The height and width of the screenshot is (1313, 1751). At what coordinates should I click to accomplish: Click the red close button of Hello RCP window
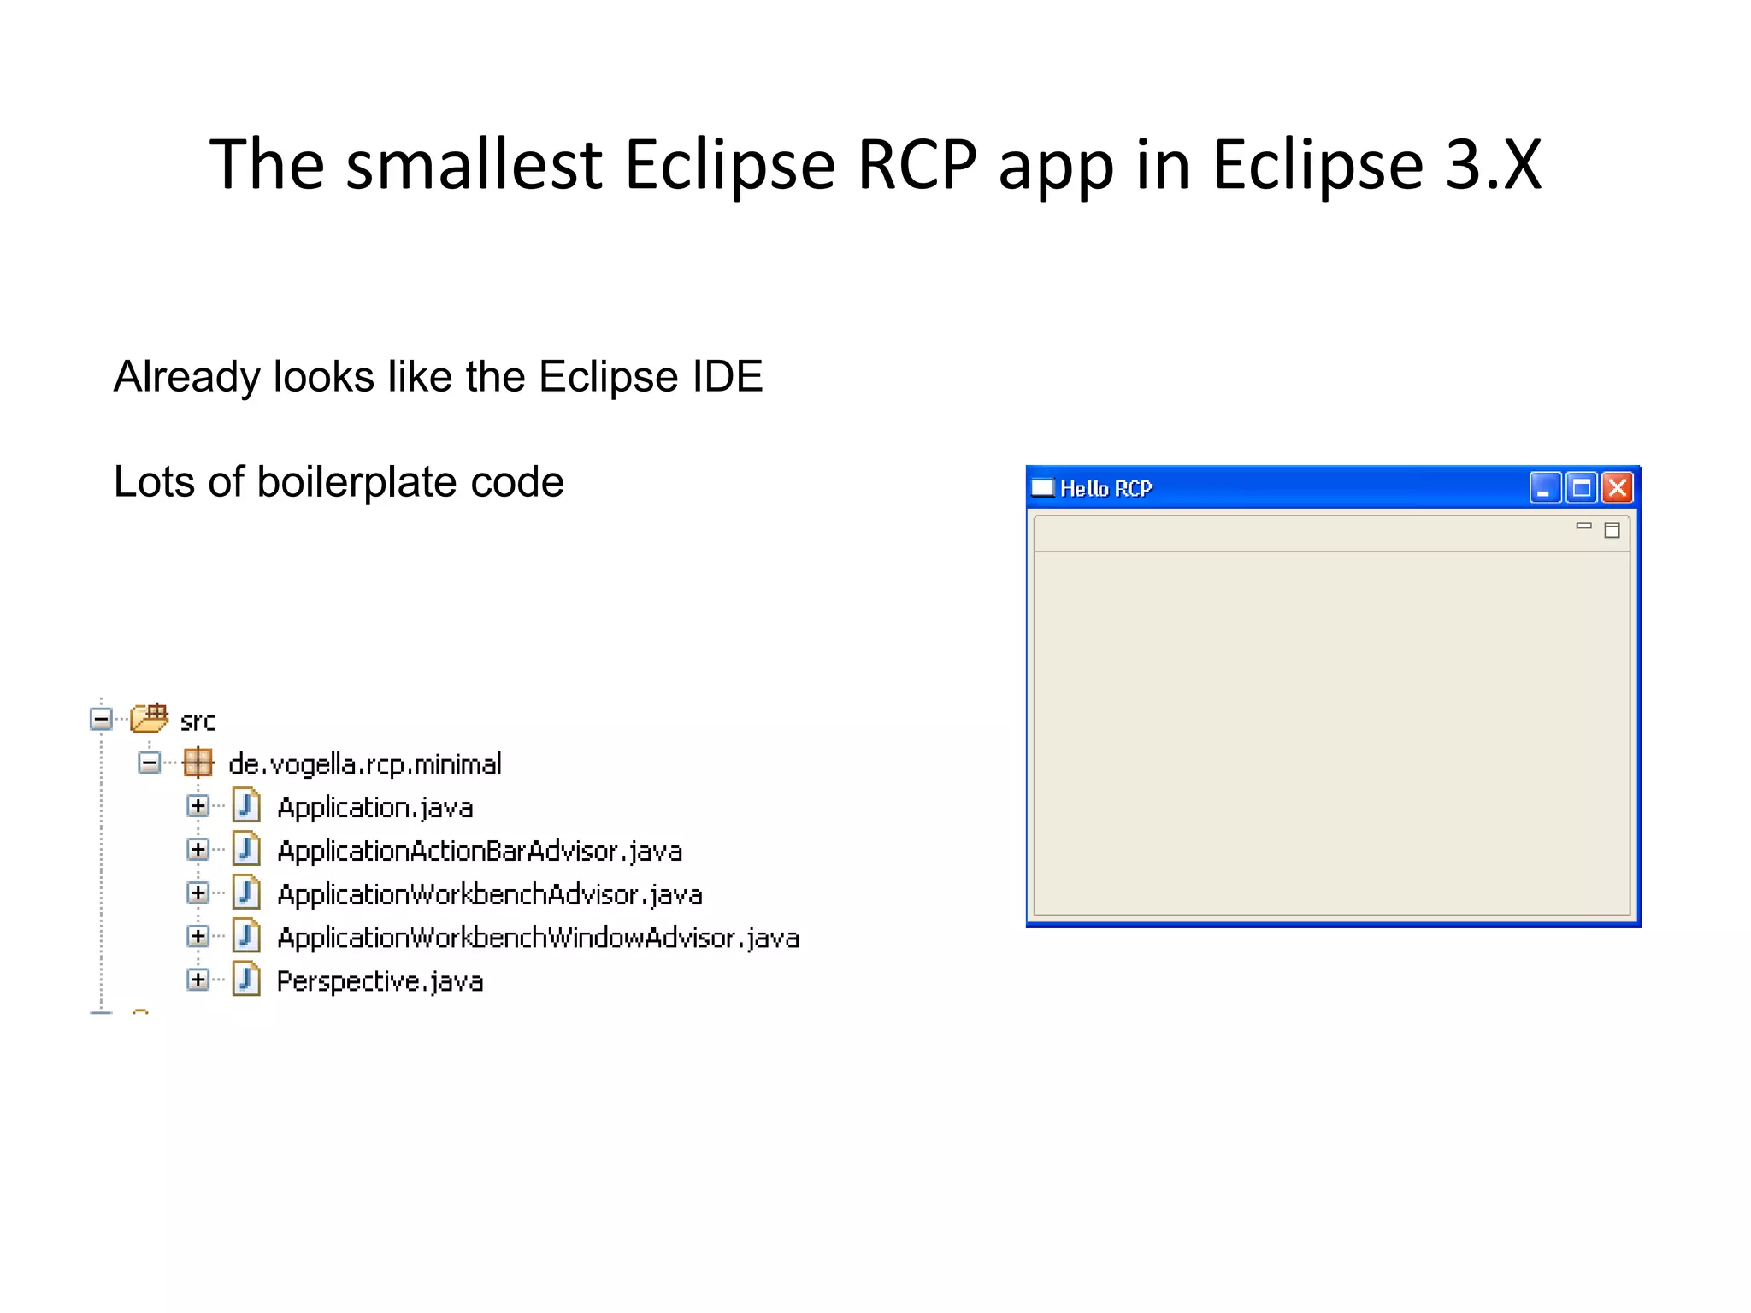tap(1618, 488)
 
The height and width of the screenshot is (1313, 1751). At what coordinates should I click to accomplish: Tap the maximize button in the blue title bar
tap(1581, 488)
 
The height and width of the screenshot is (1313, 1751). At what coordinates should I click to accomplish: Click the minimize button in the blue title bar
tap(1544, 488)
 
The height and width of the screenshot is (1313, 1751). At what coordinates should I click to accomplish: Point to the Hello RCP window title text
tap(1105, 489)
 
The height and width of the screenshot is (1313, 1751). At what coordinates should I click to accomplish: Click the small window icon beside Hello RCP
tap(1043, 488)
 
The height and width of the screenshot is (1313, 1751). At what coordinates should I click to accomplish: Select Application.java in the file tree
tap(374, 808)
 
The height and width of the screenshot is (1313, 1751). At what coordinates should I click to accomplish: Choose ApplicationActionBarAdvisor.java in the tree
tap(480, 851)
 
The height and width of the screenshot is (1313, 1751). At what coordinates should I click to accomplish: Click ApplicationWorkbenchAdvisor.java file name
tap(490, 895)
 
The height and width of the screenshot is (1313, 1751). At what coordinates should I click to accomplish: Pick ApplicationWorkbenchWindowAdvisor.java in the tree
tap(539, 939)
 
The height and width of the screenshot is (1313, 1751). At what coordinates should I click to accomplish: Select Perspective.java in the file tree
tap(380, 981)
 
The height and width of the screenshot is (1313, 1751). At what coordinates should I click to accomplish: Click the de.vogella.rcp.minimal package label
tap(364, 764)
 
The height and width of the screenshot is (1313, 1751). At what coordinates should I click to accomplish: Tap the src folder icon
tap(150, 719)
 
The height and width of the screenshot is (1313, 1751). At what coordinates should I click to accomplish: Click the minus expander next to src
tap(101, 719)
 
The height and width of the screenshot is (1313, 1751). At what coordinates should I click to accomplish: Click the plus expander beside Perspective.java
tap(198, 980)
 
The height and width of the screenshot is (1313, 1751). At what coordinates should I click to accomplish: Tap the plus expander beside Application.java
tap(198, 806)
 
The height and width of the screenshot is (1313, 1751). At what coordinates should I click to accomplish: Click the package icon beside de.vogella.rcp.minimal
tap(198, 762)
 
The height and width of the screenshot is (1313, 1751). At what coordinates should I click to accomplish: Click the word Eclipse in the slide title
tap(729, 164)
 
